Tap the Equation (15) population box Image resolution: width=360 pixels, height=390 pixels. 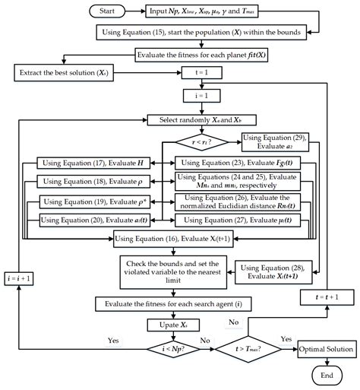click(201, 33)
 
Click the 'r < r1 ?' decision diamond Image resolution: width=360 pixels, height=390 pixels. click(202, 141)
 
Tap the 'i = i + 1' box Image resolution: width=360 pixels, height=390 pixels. click(23, 278)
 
